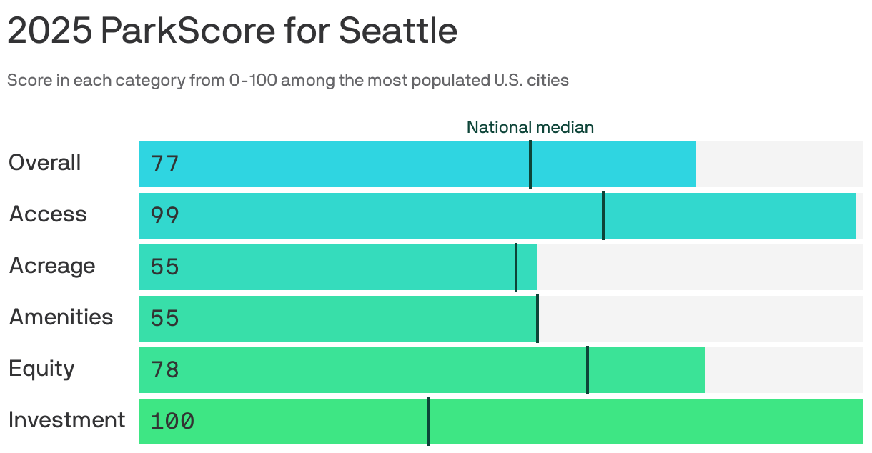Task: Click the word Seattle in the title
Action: tap(397, 31)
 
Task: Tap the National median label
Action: tap(530, 127)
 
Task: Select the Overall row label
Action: tap(45, 163)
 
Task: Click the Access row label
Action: tap(48, 214)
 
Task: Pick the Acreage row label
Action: tap(52, 266)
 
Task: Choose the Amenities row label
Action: tap(61, 317)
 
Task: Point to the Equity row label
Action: tap(41, 369)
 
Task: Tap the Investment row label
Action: tap(67, 420)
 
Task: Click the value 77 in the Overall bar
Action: tap(164, 164)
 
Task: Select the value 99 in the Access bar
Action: tap(164, 216)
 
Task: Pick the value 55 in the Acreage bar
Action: tap(164, 267)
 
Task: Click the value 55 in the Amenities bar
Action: tap(164, 319)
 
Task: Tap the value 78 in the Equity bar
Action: tap(164, 370)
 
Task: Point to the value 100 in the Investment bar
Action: tap(172, 422)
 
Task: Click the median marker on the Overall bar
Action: tap(530, 164)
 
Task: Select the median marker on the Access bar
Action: tap(603, 216)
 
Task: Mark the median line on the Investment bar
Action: tap(429, 422)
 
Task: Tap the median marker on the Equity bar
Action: tap(588, 370)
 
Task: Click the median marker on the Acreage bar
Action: tap(516, 267)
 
